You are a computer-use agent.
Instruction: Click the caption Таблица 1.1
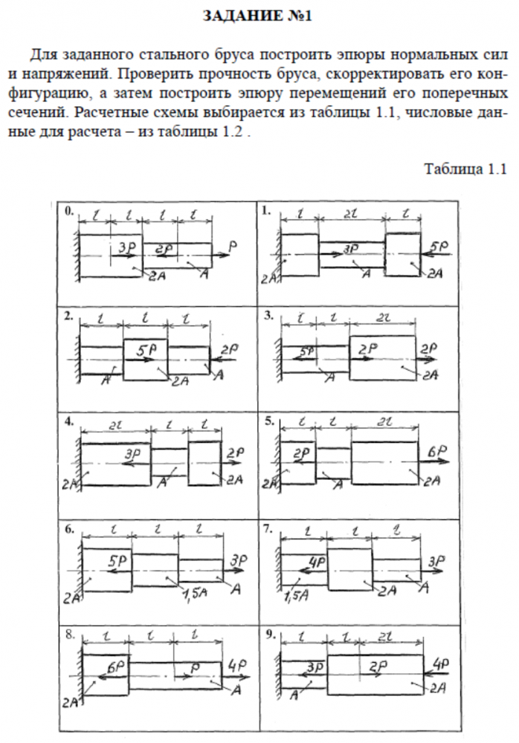465,168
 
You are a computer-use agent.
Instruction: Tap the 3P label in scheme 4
133,453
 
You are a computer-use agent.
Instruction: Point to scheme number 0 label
69,211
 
